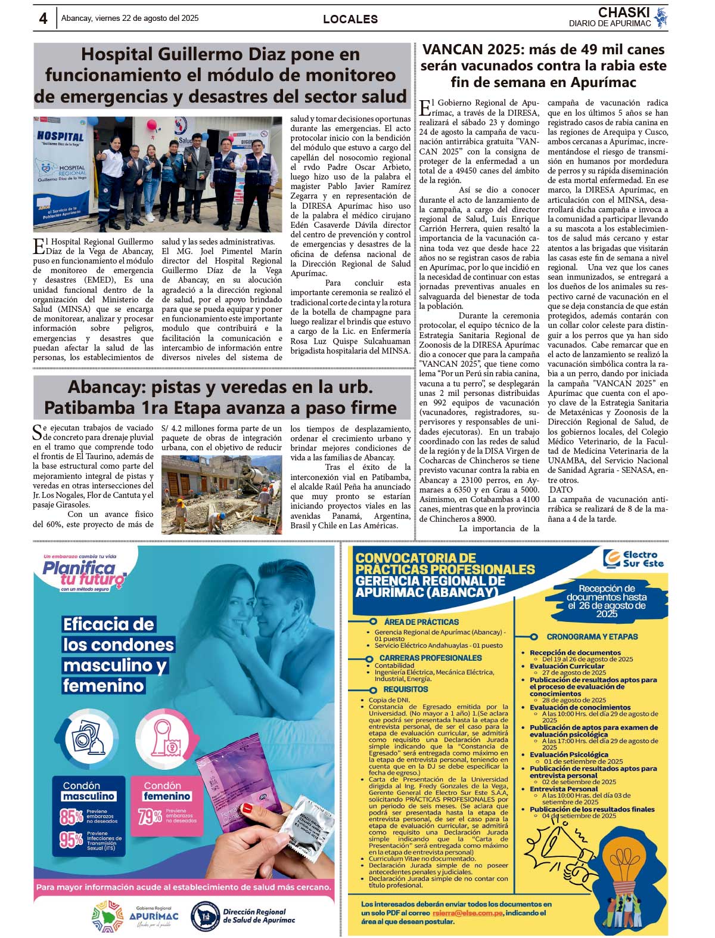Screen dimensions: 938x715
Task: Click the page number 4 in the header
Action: coord(43,18)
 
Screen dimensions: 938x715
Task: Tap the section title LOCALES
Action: coord(350,19)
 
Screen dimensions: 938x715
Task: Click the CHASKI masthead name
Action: coord(624,13)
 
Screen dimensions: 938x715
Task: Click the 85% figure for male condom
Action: coord(71,816)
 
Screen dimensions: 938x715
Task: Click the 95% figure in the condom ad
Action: coord(71,840)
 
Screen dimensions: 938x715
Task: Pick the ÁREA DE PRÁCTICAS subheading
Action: coord(421,621)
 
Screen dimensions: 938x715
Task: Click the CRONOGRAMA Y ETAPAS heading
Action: coord(592,636)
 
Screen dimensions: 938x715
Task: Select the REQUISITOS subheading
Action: coord(405,689)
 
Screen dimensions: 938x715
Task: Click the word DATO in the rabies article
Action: coord(561,490)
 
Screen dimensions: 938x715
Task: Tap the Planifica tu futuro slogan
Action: coord(83,574)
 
